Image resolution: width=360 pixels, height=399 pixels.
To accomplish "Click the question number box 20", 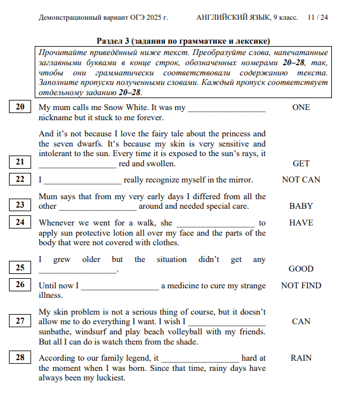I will pos(20,107).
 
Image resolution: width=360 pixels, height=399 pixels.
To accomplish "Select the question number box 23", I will pos(20,205).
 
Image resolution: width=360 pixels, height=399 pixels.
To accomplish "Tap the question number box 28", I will pos(20,357).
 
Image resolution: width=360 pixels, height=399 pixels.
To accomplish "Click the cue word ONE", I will pos(301,108).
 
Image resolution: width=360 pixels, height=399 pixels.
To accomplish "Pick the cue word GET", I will pos(301,163).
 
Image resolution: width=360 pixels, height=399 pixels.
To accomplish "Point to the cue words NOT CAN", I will pos(301,179).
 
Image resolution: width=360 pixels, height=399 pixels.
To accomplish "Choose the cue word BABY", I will pos(301,206).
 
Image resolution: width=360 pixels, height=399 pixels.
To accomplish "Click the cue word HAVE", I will pos(301,223).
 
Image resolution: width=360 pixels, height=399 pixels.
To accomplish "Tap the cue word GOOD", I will pos(301,269).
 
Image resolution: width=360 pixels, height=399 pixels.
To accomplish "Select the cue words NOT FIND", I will pos(301,286).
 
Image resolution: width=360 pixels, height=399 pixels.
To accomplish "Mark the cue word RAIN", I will pos(301,358).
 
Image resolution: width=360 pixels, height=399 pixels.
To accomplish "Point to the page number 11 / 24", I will pos(318,17).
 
